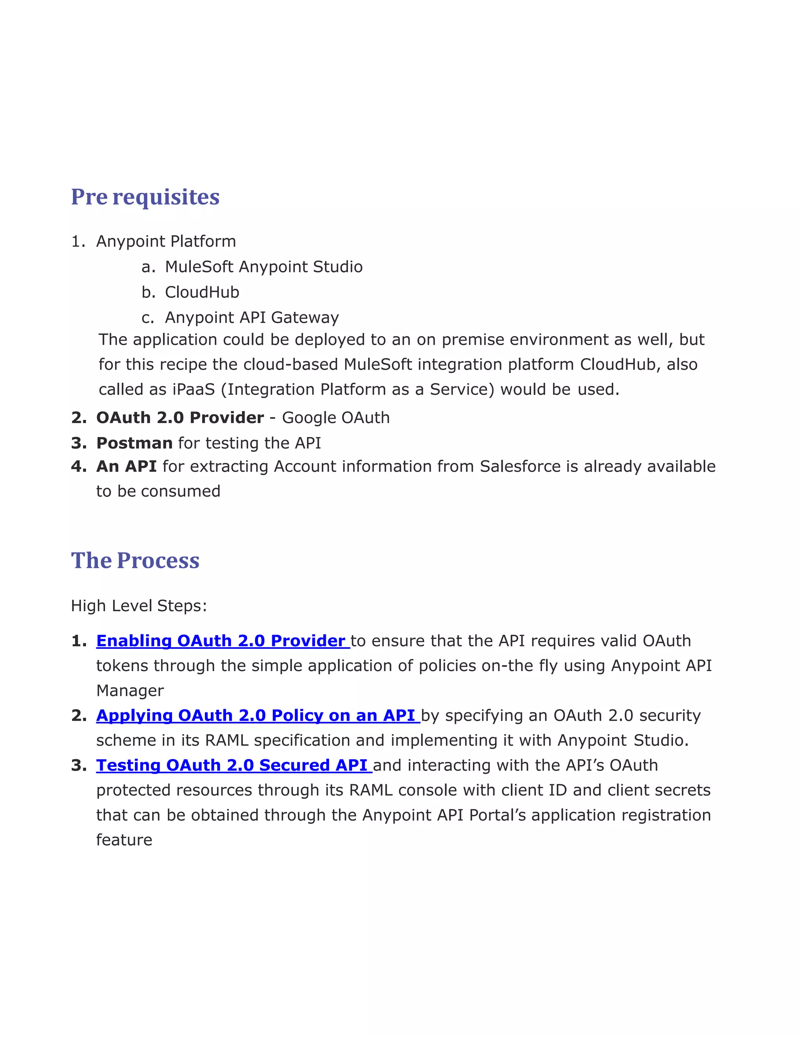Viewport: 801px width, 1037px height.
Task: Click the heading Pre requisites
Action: [145, 197]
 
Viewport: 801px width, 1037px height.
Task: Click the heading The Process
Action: [135, 561]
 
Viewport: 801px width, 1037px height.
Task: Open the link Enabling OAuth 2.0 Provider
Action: [221, 641]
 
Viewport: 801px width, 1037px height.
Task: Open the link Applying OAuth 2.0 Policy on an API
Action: [256, 716]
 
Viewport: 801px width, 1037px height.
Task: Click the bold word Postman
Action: [134, 443]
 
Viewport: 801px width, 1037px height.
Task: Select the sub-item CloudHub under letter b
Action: [202, 292]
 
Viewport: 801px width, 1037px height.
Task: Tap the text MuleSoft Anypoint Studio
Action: [263, 267]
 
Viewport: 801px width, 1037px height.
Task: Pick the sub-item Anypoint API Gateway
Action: [251, 318]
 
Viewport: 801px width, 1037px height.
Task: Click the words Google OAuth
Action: [336, 418]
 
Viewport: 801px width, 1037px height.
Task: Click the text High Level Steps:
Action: [138, 606]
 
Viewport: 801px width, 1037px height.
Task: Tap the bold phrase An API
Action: [126, 467]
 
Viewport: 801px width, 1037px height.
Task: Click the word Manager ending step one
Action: [130, 691]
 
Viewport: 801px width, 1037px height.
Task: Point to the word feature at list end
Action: [124, 840]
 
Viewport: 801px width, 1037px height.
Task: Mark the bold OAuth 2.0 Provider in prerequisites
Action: [180, 418]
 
